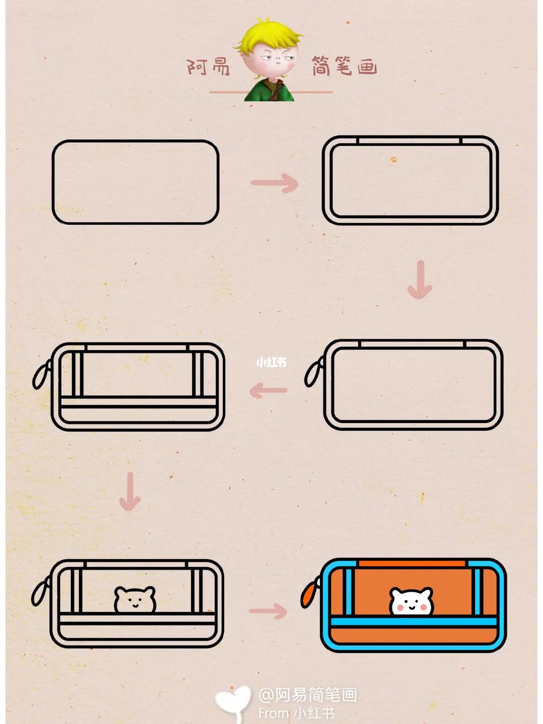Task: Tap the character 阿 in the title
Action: (x=197, y=67)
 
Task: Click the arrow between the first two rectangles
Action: (x=275, y=183)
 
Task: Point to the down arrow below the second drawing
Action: (x=420, y=279)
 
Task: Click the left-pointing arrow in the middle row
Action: (x=268, y=390)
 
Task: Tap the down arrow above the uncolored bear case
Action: (x=130, y=491)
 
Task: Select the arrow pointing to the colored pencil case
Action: (x=268, y=611)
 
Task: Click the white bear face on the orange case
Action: (x=411, y=601)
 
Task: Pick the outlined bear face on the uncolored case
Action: (x=135, y=599)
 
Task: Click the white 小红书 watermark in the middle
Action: (x=271, y=363)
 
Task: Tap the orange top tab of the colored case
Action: (x=412, y=564)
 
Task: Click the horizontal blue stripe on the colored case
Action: (x=414, y=622)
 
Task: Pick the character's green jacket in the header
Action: (x=269, y=90)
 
